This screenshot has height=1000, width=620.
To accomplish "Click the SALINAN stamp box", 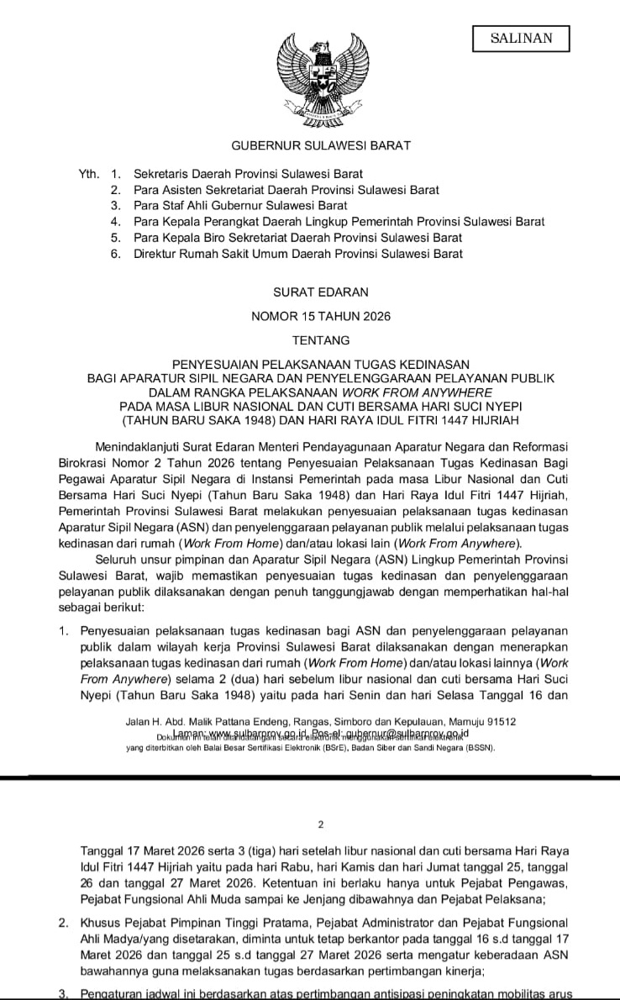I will [x=521, y=39].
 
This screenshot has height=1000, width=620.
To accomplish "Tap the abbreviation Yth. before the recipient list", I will [x=89, y=174].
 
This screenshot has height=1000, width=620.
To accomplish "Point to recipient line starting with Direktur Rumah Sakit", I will [x=297, y=254].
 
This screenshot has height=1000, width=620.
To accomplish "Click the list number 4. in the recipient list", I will [x=115, y=222].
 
